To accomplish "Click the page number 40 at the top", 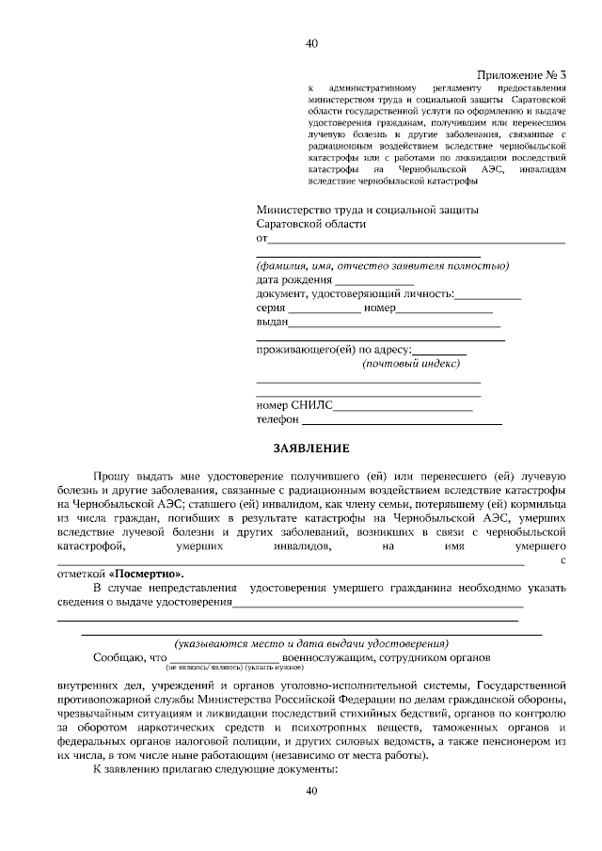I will (312, 42).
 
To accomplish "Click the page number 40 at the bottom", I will (312, 791).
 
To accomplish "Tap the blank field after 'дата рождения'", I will (374, 281).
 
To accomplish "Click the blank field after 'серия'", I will (323, 308).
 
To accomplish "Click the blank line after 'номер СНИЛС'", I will (403, 406).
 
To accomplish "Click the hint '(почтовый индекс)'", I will (410, 363).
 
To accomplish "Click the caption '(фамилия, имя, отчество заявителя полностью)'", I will (383, 266).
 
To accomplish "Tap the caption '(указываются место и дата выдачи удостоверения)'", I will (311, 642).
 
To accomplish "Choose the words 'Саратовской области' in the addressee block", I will (311, 225).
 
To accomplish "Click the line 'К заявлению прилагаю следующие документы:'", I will (215, 768).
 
